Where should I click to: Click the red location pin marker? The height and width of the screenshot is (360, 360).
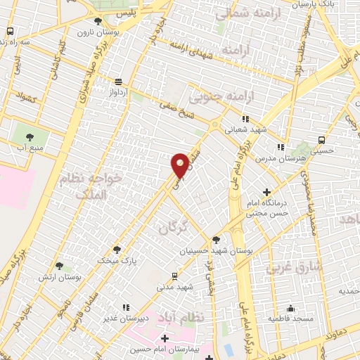click(180, 165)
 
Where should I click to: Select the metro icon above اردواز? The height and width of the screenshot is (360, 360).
click(117, 81)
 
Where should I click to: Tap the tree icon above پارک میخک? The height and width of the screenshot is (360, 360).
click(117, 250)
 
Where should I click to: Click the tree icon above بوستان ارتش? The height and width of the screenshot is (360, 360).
click(58, 265)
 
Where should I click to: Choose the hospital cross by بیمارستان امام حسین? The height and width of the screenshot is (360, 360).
click(165, 339)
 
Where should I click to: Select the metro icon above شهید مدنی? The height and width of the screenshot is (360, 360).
click(174, 276)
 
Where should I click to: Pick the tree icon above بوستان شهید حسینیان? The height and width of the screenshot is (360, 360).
click(216, 240)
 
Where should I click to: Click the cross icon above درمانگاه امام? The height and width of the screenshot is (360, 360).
click(266, 192)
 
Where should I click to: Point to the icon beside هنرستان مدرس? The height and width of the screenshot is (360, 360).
click(281, 148)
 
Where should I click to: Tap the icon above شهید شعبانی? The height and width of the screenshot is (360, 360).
click(245, 119)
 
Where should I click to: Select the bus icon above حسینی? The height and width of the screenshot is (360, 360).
click(321, 139)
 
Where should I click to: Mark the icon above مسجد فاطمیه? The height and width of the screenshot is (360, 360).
click(290, 308)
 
